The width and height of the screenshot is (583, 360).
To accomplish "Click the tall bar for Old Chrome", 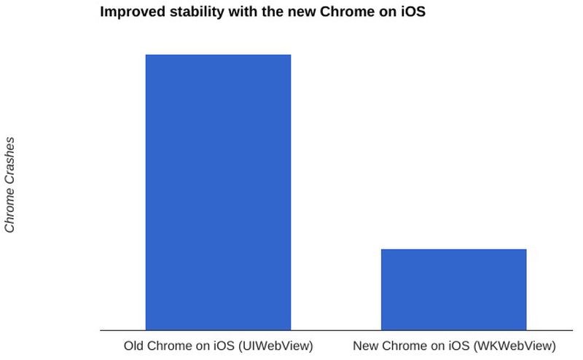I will pyautogui.click(x=218, y=192).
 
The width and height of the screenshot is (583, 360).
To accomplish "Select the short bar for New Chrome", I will pyautogui.click(x=453, y=289).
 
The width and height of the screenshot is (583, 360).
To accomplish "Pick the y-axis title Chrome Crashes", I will pyautogui.click(x=9, y=184).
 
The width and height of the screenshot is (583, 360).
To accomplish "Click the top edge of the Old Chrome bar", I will pyautogui.click(x=218, y=55).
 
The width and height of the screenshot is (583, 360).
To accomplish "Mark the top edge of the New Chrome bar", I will pyautogui.click(x=453, y=249).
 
